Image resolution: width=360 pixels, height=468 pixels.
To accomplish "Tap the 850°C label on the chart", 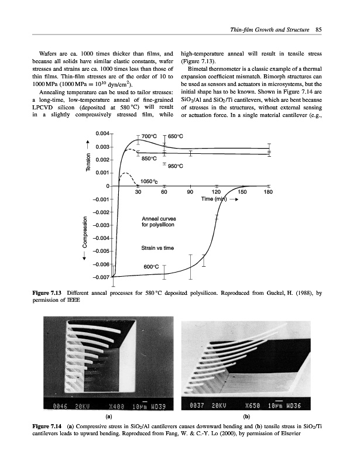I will point(149,158).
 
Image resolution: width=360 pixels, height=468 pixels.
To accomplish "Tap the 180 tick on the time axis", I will point(269,192).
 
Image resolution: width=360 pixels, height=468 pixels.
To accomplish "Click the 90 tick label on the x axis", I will point(190,192).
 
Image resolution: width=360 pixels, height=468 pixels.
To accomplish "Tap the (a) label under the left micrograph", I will point(108,417).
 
